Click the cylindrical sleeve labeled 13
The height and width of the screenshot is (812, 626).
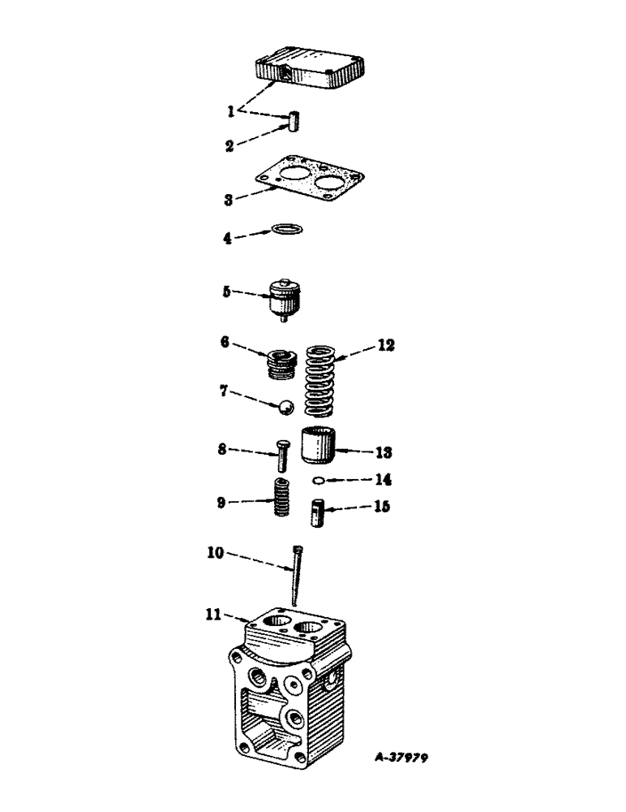[319, 445]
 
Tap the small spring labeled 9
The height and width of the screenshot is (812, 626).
[280, 497]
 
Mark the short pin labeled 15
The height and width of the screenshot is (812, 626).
[318, 514]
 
